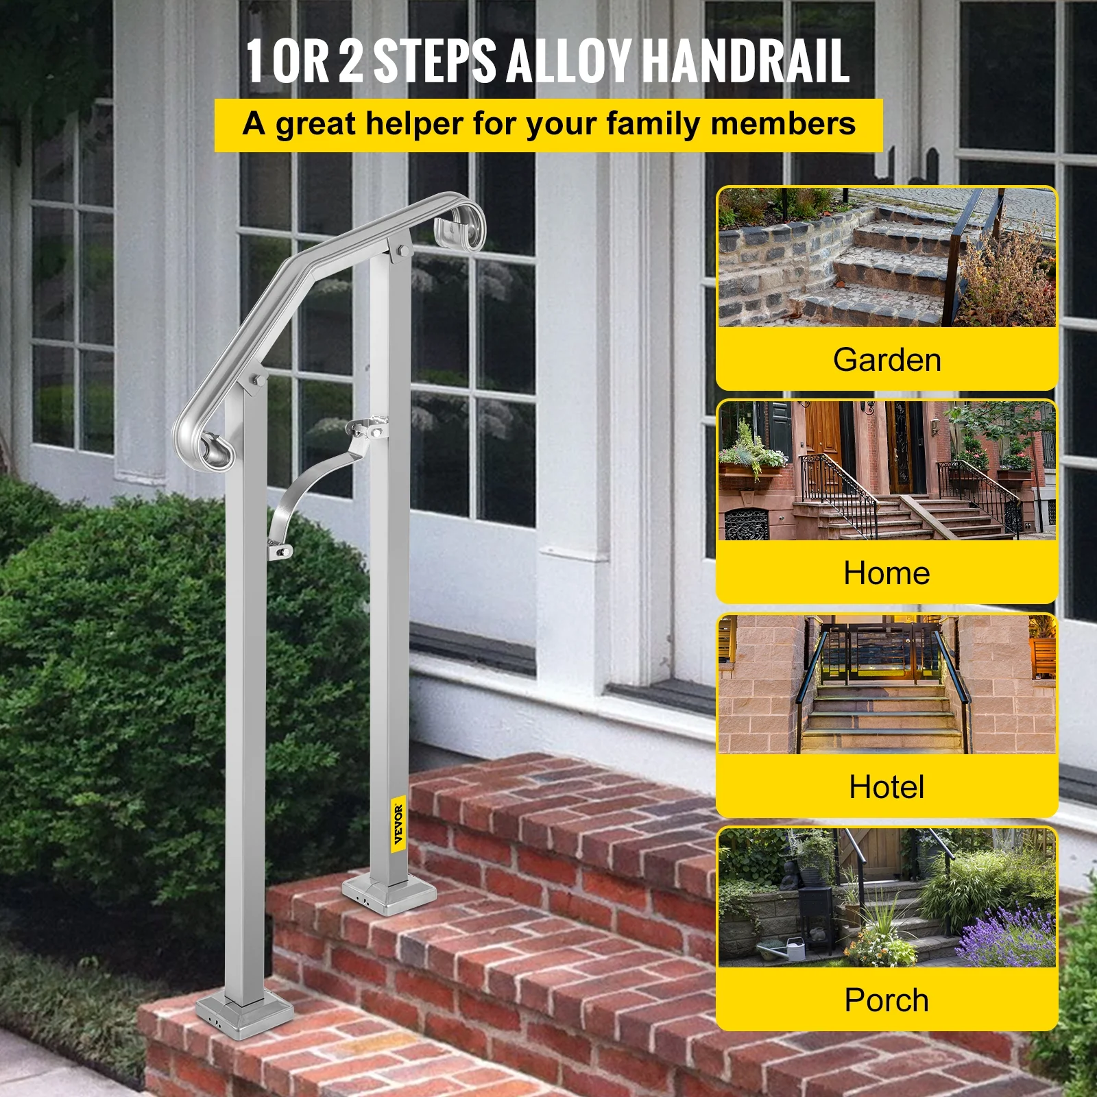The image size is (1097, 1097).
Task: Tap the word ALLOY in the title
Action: (x=568, y=62)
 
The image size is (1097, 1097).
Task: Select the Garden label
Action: (x=887, y=360)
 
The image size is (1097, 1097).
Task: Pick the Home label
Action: (x=887, y=573)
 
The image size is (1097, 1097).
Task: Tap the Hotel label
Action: (x=887, y=786)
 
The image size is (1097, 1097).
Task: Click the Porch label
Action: (x=887, y=1000)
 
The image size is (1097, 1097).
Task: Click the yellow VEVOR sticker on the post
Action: (x=398, y=823)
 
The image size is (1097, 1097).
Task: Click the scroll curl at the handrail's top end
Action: (x=461, y=223)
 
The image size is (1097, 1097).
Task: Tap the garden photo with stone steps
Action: (x=887, y=258)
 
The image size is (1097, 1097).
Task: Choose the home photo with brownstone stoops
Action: (x=887, y=471)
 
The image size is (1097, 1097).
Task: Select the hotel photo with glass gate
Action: (x=887, y=684)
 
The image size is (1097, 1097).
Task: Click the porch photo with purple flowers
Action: (x=887, y=897)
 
